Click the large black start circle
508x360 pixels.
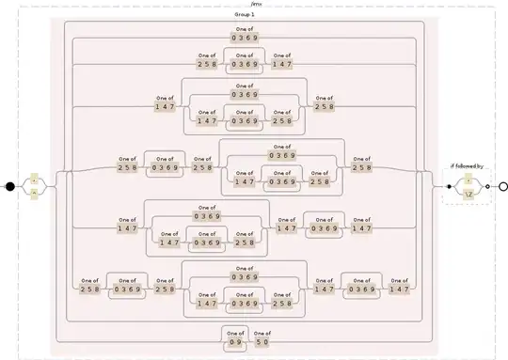coord(10,186)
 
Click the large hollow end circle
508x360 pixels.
coord(502,186)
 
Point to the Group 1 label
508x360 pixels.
coord(246,16)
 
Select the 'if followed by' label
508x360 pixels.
coord(466,166)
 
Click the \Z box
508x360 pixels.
coord(468,194)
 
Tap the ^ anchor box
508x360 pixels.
coord(35,194)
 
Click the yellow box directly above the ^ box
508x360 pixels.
coord(35,178)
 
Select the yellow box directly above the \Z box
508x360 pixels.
coord(468,178)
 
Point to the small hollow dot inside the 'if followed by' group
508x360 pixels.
coord(487,186)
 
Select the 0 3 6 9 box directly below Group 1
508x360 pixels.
coord(245,38)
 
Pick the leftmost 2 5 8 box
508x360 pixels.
coord(90,290)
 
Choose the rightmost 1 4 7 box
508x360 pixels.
coord(399,290)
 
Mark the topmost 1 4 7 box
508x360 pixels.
coord(282,64)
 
